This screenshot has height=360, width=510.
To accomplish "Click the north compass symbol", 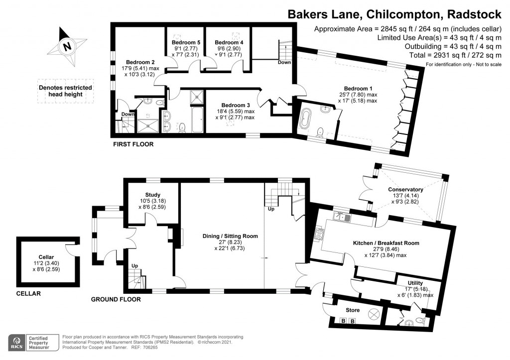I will (66, 47).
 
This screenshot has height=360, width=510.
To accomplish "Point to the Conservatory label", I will (406, 189).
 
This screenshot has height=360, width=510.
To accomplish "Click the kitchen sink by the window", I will (340, 217).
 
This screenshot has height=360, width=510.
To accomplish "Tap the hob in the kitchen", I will (319, 233).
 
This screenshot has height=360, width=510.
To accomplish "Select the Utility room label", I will (415, 282).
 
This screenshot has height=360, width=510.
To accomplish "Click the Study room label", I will (152, 195).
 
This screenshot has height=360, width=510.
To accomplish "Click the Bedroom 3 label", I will (236, 105).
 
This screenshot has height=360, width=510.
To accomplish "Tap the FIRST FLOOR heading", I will (132, 144).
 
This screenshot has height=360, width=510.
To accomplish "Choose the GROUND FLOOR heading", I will (116, 299).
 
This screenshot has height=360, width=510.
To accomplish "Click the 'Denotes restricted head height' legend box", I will (66, 90).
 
